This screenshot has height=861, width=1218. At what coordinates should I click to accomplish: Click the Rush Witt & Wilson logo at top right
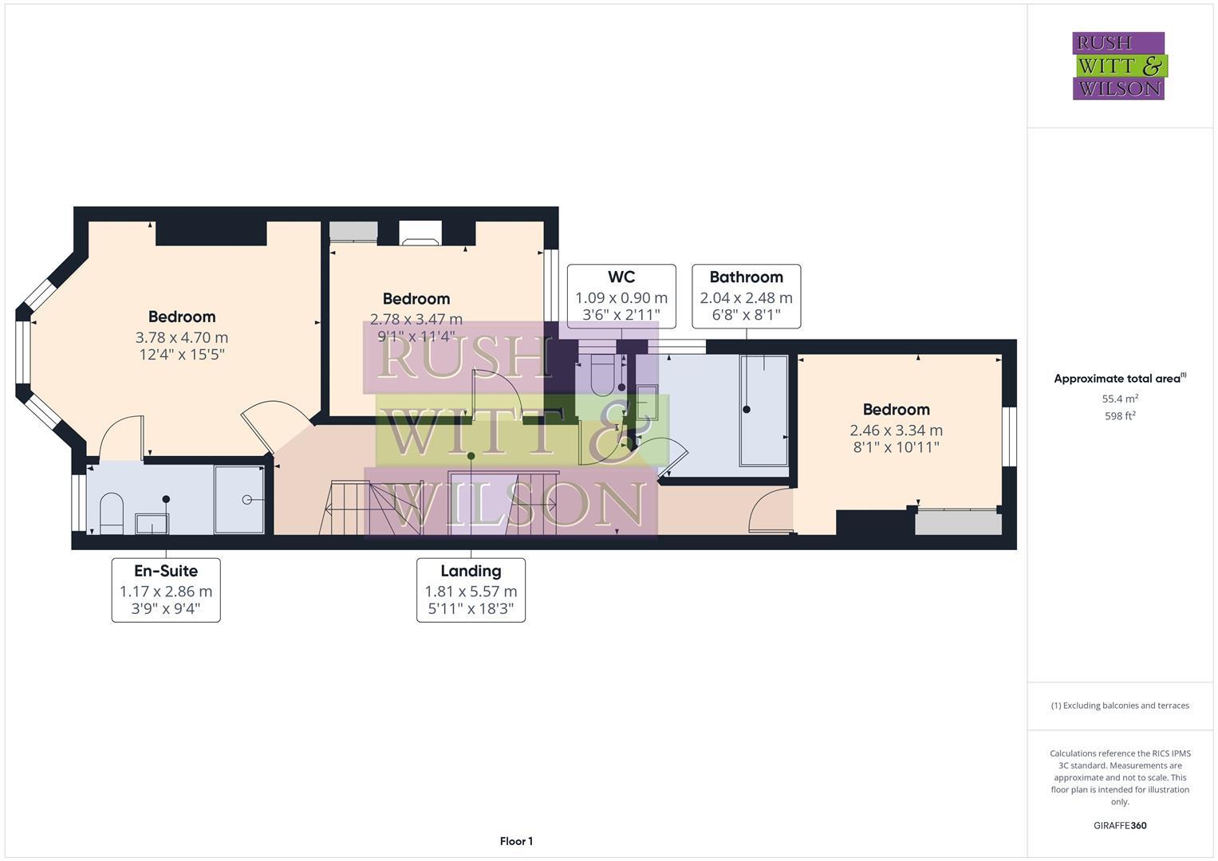(x=1118, y=65)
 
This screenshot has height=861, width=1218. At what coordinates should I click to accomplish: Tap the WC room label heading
(x=621, y=277)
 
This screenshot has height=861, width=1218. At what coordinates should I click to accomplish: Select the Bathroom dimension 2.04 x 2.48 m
(x=746, y=297)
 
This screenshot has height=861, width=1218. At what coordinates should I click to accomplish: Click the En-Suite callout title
(x=165, y=571)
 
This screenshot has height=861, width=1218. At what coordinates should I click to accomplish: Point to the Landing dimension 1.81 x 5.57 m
(x=471, y=592)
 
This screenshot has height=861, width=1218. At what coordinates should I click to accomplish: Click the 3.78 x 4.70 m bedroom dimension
(x=182, y=337)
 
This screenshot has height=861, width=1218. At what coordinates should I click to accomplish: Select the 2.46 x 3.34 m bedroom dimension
(x=896, y=430)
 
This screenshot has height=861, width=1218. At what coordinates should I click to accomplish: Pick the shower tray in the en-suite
(x=239, y=500)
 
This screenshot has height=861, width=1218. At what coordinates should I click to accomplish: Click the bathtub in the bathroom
(x=764, y=410)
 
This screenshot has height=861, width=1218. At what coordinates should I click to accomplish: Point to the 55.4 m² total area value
(x=1119, y=399)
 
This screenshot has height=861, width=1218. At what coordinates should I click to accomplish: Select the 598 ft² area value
(x=1119, y=416)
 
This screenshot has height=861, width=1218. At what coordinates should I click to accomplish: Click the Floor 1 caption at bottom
(x=516, y=841)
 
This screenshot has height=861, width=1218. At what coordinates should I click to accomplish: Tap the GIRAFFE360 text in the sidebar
(x=1119, y=825)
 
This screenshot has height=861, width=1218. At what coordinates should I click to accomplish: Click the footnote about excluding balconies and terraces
(x=1119, y=706)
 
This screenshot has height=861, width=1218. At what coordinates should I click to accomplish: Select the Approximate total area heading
(x=1119, y=379)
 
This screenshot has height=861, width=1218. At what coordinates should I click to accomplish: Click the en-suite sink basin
(x=152, y=524)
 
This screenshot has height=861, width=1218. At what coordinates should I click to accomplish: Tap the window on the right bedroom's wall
(x=1009, y=436)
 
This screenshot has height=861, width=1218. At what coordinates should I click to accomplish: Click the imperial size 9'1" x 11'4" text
(x=416, y=336)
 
